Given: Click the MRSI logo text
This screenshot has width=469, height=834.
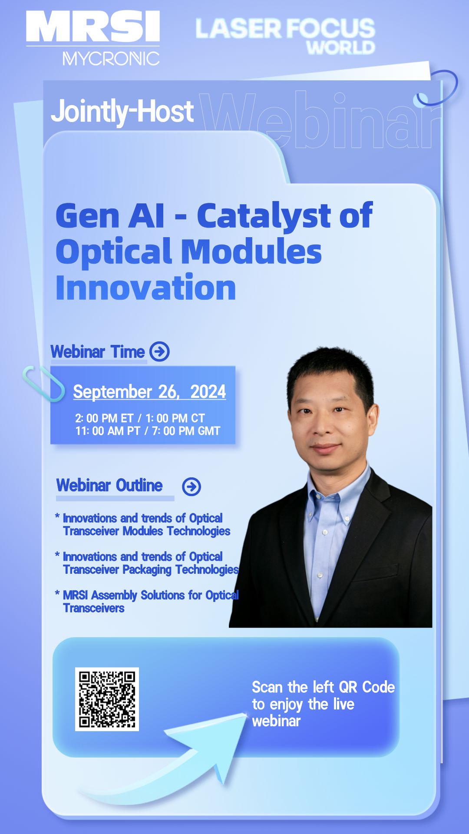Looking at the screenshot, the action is tap(93, 26).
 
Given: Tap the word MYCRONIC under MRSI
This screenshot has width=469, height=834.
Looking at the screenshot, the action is tap(111, 59).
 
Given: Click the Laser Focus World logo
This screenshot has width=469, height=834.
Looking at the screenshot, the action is tap(285, 36).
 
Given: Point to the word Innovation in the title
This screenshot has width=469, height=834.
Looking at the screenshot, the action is tap(146, 287).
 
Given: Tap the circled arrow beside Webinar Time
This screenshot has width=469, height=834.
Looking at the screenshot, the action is tap(159, 351).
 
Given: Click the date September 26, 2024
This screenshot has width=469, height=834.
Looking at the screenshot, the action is tap(149, 392).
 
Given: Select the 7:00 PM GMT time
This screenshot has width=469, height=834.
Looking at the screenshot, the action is tap(186, 431).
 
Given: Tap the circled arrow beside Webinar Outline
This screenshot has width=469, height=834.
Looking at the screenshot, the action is tap(192, 486).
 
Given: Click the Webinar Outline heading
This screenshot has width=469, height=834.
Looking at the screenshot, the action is tap(109, 485).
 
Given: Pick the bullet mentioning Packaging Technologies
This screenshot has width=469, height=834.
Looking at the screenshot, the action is tap(147, 563).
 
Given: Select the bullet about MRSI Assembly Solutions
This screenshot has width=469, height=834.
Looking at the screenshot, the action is tap(147, 601).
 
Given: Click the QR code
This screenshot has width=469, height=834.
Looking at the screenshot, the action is tap(107, 699).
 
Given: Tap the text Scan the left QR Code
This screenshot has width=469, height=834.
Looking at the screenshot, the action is tap(324, 687).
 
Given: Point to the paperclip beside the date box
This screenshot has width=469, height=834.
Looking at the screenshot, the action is tap(43, 383).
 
